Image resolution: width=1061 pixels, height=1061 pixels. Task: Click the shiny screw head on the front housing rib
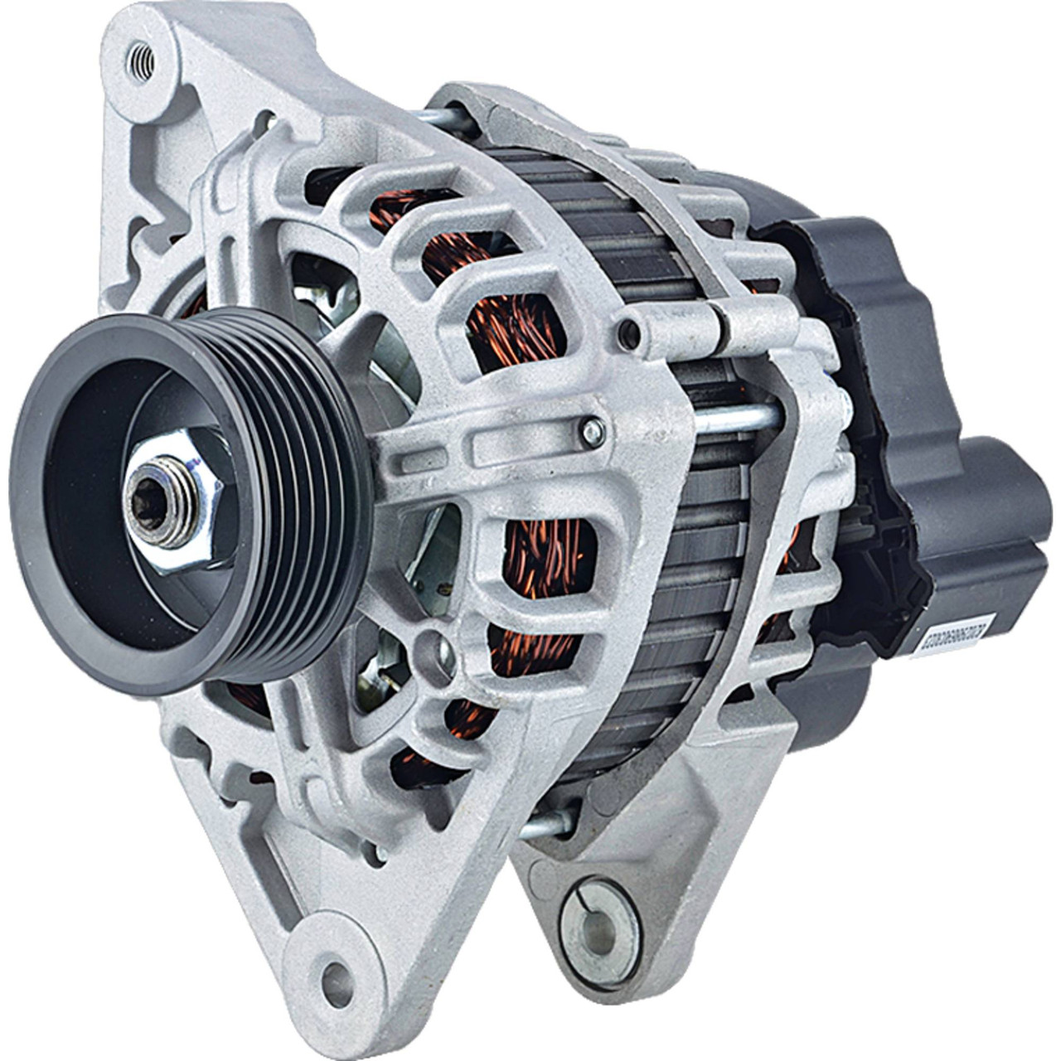click(591, 429)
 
